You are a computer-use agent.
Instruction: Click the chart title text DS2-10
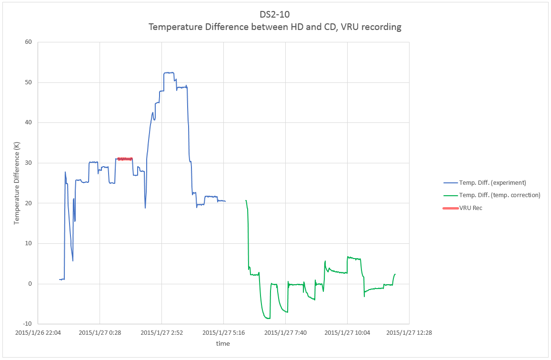tap(275, 14)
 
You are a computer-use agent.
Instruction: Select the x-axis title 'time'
tap(223, 343)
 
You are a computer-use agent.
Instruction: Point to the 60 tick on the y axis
tap(28, 42)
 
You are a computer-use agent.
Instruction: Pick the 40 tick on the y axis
tap(28, 122)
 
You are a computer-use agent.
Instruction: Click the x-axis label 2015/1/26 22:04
tap(37, 332)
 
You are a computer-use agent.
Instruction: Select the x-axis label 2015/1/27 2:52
tap(161, 332)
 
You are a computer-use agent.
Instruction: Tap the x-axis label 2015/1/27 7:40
tap(285, 332)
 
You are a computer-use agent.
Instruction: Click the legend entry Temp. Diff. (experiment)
tap(492, 182)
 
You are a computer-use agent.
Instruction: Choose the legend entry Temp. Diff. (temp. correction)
tap(500, 195)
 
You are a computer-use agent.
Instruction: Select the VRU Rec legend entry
tap(471, 208)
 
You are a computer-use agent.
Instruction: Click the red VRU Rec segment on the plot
tap(125, 159)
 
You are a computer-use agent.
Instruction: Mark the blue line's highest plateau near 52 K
tap(169, 73)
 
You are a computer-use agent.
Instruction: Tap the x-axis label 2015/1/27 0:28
tap(99, 332)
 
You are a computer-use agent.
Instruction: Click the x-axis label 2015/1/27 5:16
tap(223, 332)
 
